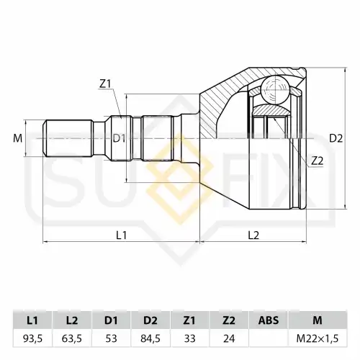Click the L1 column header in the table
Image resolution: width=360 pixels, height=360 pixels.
(x=32, y=320)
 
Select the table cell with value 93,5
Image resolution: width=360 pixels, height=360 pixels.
(x=32, y=338)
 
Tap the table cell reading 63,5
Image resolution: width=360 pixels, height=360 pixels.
(x=72, y=338)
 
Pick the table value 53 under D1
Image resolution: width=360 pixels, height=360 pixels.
(x=111, y=338)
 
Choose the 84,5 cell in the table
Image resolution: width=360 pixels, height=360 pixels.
(x=150, y=338)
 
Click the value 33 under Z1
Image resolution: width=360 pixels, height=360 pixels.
(x=189, y=338)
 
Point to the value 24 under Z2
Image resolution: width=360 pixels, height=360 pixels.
(x=229, y=338)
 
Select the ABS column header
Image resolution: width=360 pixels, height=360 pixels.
(x=269, y=320)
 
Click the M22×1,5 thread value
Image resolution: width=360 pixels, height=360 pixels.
(x=318, y=338)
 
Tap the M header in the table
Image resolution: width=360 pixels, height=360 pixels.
(x=318, y=320)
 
